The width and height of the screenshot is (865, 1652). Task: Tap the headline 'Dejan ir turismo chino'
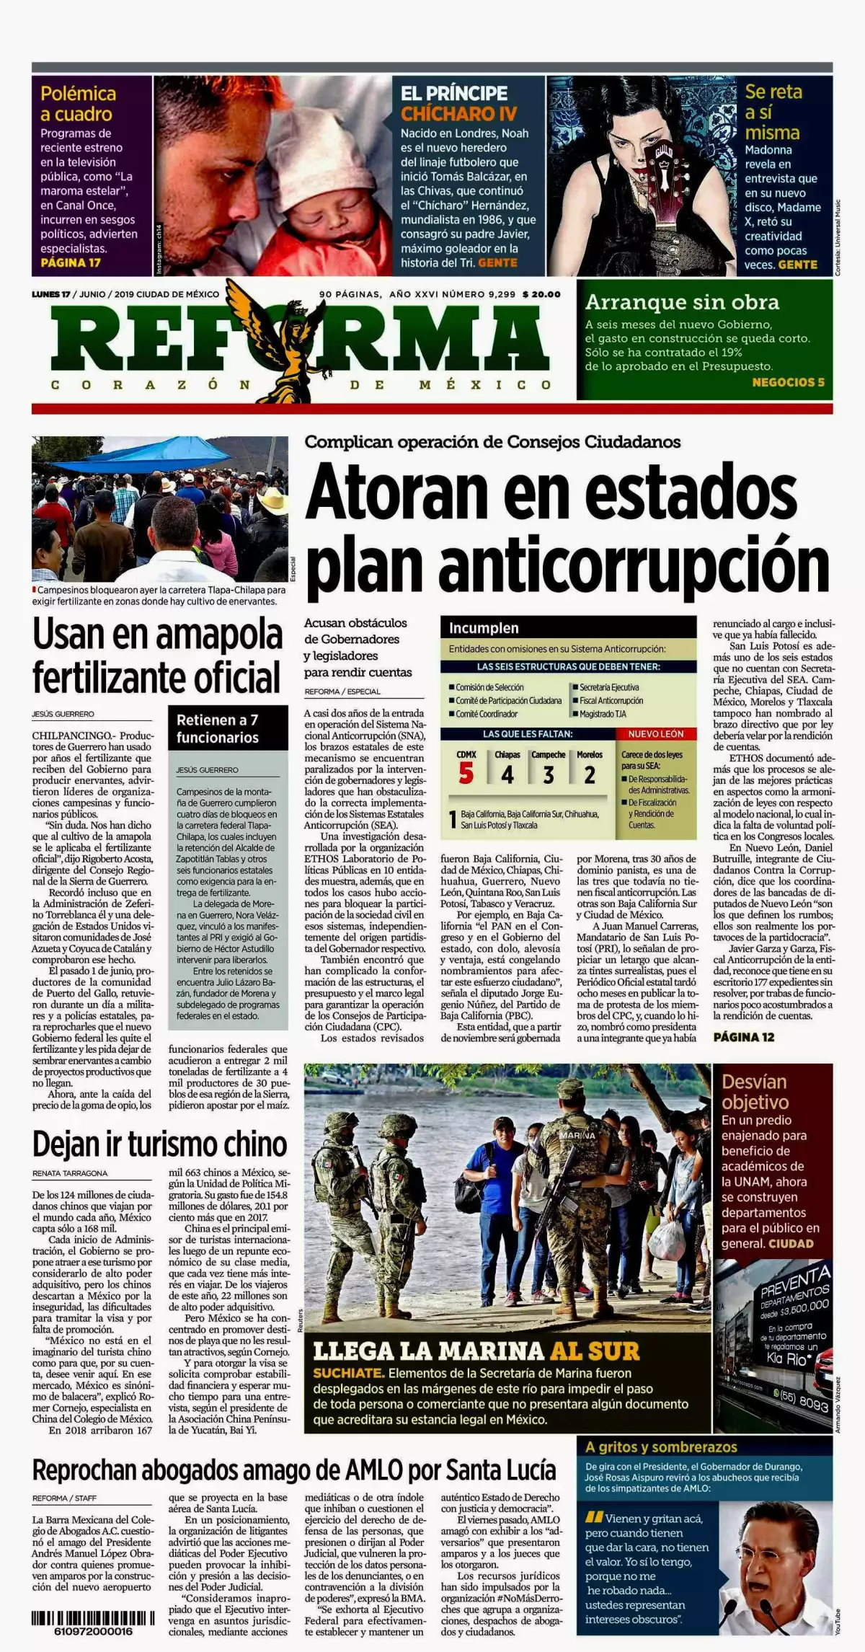tap(159, 1144)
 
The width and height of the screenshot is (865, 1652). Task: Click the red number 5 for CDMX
tap(466, 774)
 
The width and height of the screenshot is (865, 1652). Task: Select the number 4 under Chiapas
tap(507, 775)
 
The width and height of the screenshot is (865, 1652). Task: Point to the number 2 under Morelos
tap(590, 775)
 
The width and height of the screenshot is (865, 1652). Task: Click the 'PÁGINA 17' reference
tap(70, 262)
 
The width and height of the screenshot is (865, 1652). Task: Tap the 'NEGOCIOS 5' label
tap(788, 382)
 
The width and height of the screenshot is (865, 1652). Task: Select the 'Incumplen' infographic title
tap(484, 627)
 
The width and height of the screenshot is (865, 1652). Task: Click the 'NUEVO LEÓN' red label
tap(656, 734)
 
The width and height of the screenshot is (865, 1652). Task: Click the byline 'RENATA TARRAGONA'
tap(70, 1173)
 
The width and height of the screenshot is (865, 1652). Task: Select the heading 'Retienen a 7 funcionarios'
tap(218, 728)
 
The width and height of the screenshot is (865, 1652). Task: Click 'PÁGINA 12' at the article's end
tap(743, 1037)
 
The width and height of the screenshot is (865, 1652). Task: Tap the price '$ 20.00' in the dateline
tap(541, 294)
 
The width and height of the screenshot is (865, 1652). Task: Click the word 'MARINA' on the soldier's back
tap(577, 1134)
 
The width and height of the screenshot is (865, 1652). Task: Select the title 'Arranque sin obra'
tap(682, 302)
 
